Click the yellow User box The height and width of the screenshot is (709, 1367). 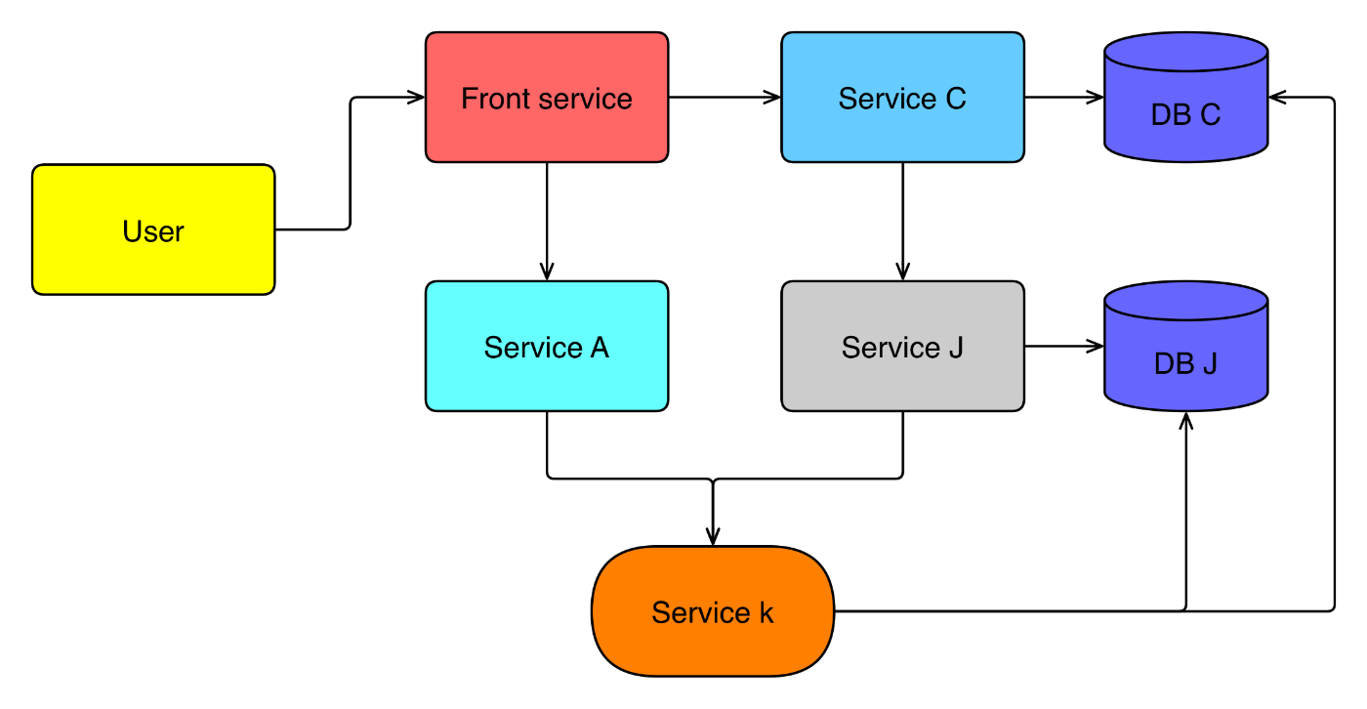click(x=153, y=229)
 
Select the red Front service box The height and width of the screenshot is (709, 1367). click(x=547, y=98)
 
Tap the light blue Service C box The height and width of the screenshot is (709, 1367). click(x=902, y=98)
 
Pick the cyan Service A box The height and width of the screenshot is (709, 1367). click(x=547, y=346)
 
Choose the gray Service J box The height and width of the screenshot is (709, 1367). click(x=902, y=346)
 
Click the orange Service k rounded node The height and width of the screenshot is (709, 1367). click(x=713, y=611)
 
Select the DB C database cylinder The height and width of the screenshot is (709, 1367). click(x=1185, y=107)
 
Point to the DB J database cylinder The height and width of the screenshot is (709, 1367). click(x=1185, y=356)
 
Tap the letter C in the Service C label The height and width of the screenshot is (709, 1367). click(x=956, y=99)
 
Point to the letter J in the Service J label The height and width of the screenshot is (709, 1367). click(x=955, y=348)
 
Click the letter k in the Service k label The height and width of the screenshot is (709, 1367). click(x=766, y=612)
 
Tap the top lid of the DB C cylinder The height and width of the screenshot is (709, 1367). click(x=1185, y=52)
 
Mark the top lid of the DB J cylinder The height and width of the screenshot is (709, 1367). click(x=1185, y=301)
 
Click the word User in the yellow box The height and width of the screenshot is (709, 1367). click(x=153, y=231)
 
